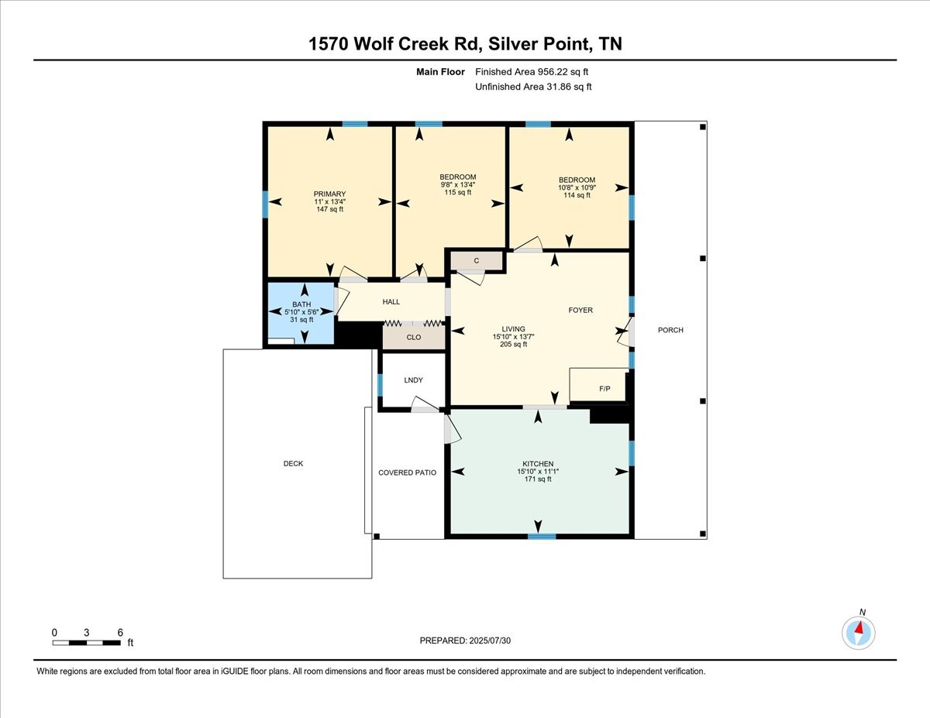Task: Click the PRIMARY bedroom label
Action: pyautogui.click(x=329, y=194)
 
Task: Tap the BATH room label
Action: pyautogui.click(x=301, y=304)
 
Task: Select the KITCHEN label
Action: pyautogui.click(x=537, y=463)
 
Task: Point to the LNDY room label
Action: pyautogui.click(x=413, y=380)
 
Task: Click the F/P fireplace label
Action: pyautogui.click(x=605, y=388)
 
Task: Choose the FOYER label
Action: pyautogui.click(x=580, y=310)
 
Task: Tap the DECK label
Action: pyautogui.click(x=293, y=463)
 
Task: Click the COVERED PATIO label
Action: pyautogui.click(x=407, y=472)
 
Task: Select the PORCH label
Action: pyautogui.click(x=670, y=330)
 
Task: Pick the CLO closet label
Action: pyautogui.click(x=414, y=337)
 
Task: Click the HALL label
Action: pyautogui.click(x=391, y=301)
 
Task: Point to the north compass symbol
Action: pyautogui.click(x=859, y=632)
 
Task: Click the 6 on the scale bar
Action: pyautogui.click(x=120, y=632)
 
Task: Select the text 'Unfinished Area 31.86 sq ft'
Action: pyautogui.click(x=533, y=87)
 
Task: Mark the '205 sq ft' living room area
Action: pyautogui.click(x=513, y=344)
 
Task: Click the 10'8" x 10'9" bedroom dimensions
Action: pyautogui.click(x=577, y=187)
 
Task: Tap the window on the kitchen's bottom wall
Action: pyautogui.click(x=542, y=536)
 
